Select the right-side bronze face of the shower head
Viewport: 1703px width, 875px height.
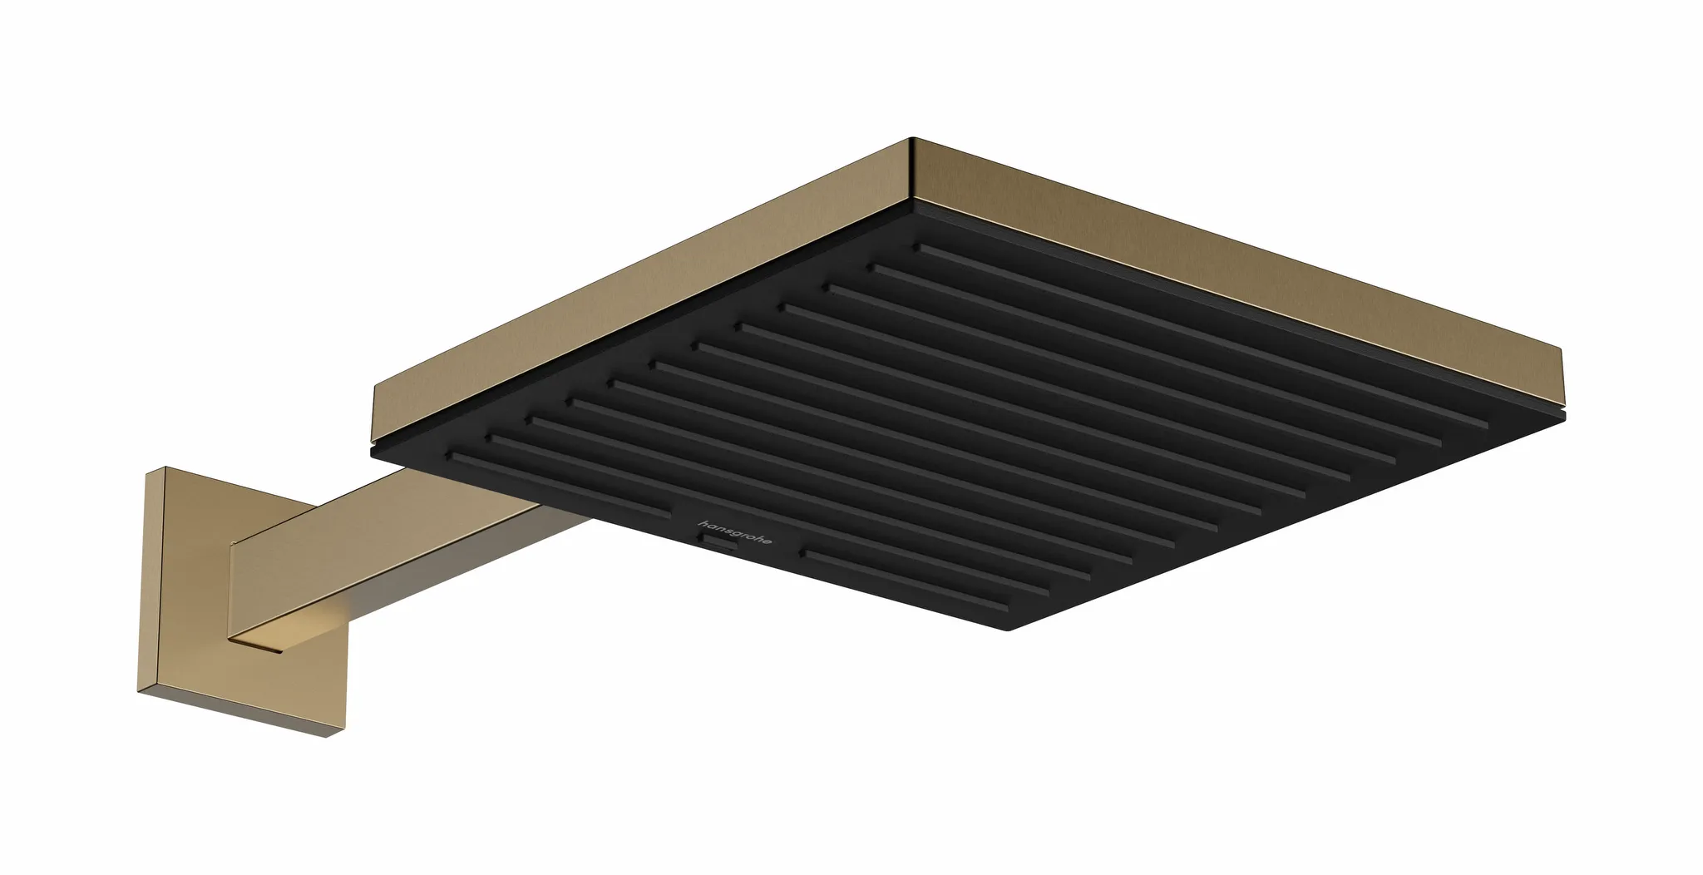point(1247,274)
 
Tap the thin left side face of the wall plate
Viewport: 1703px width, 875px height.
point(141,582)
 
